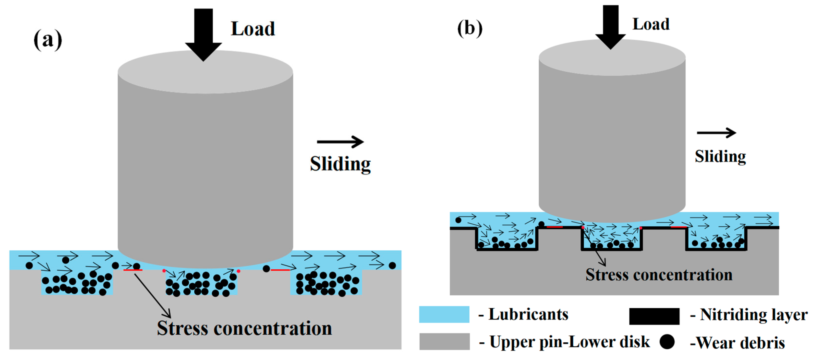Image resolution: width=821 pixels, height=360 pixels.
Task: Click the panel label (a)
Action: (x=48, y=40)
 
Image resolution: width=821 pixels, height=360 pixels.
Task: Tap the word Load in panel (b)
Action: (x=651, y=24)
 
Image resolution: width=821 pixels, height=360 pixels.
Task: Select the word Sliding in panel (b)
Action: (x=720, y=156)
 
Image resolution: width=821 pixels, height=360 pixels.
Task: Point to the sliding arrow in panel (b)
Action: (x=716, y=133)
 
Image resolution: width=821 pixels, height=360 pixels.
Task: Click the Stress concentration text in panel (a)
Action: (x=244, y=328)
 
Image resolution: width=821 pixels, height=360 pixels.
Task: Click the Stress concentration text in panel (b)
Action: (x=659, y=274)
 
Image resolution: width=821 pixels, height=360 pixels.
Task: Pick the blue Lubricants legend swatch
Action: (x=444, y=314)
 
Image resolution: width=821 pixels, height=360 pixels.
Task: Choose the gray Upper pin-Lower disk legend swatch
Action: (x=444, y=341)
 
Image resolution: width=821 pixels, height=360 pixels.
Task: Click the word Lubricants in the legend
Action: (x=528, y=314)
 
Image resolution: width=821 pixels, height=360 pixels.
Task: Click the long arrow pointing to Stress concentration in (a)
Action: (x=152, y=295)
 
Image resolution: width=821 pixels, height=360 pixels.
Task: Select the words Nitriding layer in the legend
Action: (x=753, y=315)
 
